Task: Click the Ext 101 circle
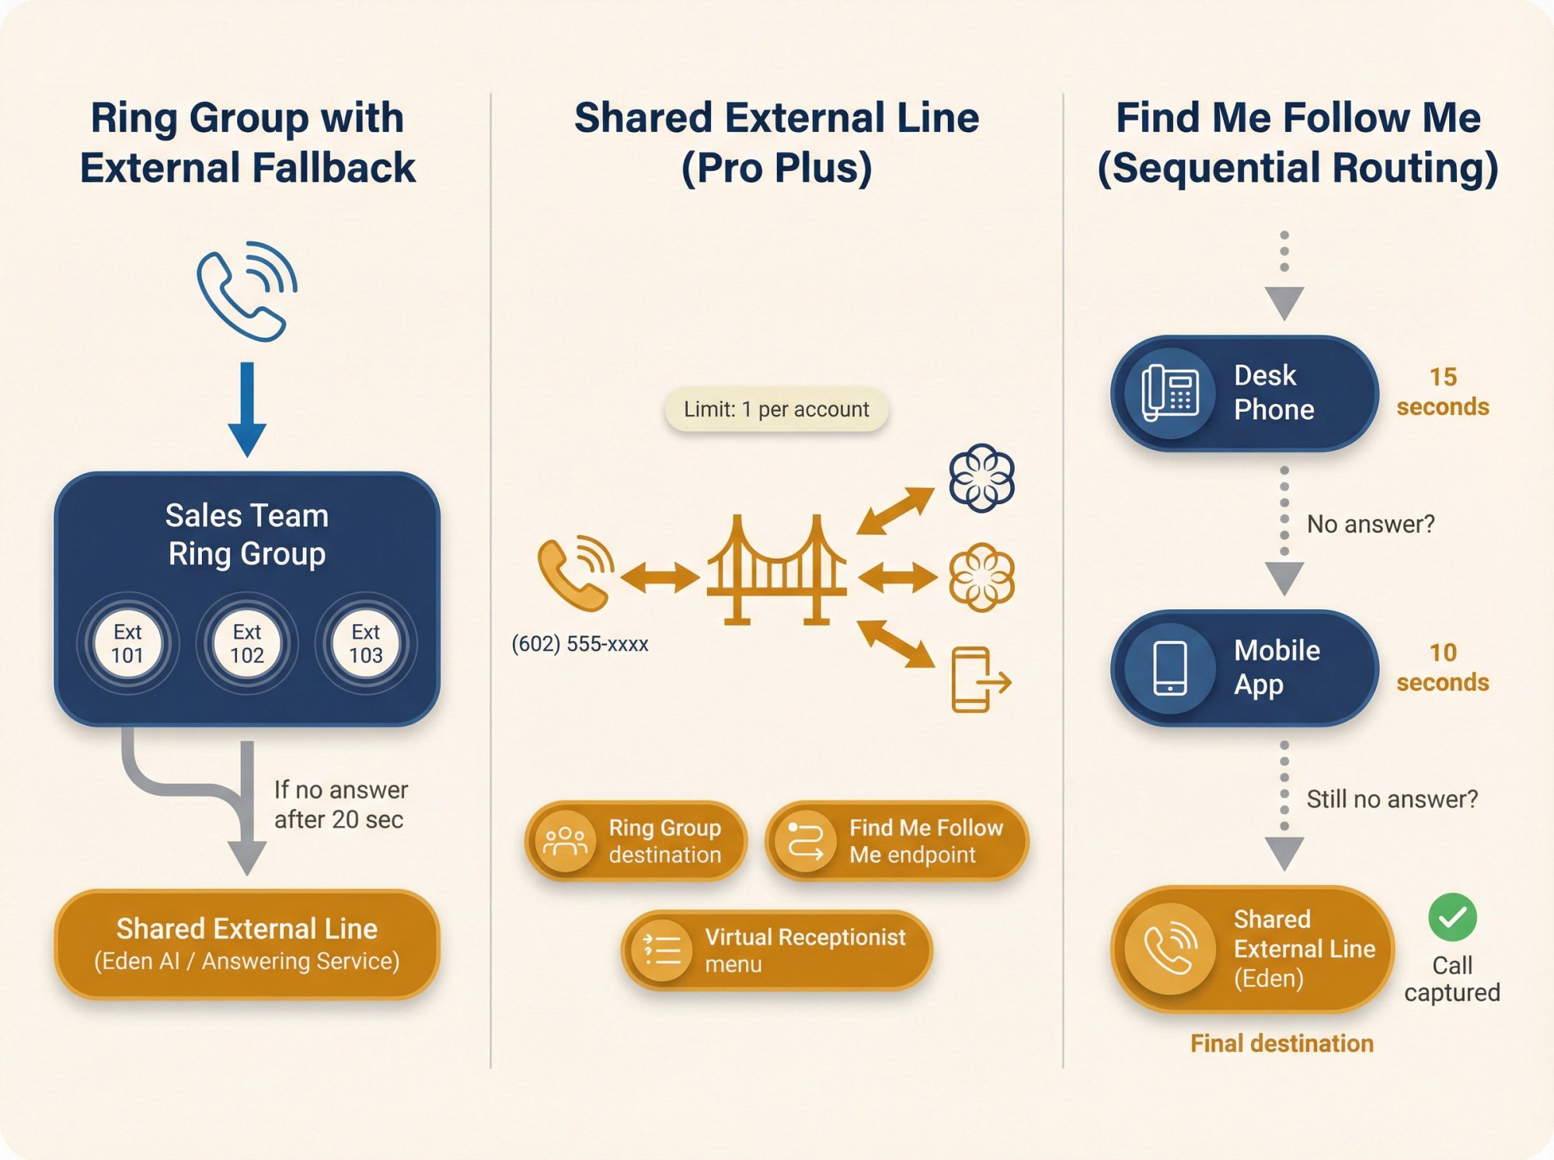(x=127, y=643)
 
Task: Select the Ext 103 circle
(x=366, y=643)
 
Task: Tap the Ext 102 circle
(x=247, y=643)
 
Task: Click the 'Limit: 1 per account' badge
(x=776, y=409)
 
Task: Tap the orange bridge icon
(x=776, y=571)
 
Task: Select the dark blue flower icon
(x=981, y=478)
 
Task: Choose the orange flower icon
(x=981, y=577)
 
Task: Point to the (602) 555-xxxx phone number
(x=580, y=644)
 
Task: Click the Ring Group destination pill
(x=636, y=841)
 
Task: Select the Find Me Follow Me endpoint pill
(x=897, y=841)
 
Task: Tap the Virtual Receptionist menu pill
(x=776, y=950)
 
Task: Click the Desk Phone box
(x=1244, y=393)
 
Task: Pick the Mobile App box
(x=1244, y=668)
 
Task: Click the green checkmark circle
(x=1452, y=918)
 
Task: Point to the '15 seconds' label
(x=1442, y=392)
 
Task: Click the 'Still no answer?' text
(x=1392, y=799)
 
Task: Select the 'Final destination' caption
(x=1282, y=1043)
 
